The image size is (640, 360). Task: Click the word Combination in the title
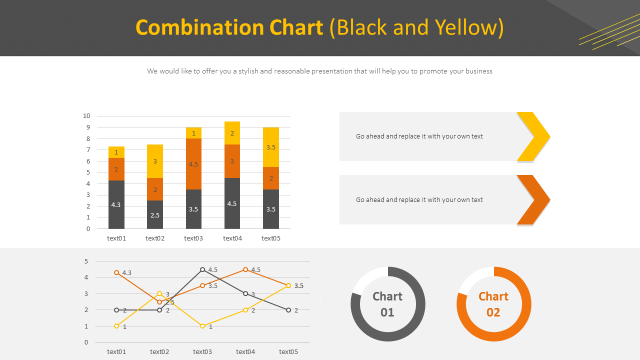pyautogui.click(x=229, y=27)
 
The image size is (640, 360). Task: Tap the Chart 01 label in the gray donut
pyautogui.click(x=387, y=304)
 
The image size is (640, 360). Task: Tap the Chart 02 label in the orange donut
pyautogui.click(x=493, y=304)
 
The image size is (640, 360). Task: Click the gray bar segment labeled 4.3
pyautogui.click(x=116, y=204)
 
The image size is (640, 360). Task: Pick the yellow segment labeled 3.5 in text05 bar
pyautogui.click(x=271, y=147)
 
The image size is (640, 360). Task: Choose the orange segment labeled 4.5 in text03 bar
pyautogui.click(x=193, y=164)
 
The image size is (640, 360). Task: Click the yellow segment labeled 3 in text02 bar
pyautogui.click(x=155, y=161)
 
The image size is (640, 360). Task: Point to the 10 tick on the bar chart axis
pyautogui.click(x=86, y=116)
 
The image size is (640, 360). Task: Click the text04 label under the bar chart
pyautogui.click(x=232, y=238)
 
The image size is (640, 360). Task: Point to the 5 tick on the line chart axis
pyautogui.click(x=86, y=261)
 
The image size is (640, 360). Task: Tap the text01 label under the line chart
pyautogui.click(x=116, y=352)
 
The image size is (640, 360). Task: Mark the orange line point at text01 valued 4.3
pyautogui.click(x=116, y=272)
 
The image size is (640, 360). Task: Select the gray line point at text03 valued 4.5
pyautogui.click(x=202, y=269)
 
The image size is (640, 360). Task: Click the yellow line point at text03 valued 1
pyautogui.click(x=202, y=326)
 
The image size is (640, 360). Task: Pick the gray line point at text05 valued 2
pyautogui.click(x=288, y=310)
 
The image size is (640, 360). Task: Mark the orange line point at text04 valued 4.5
pyautogui.click(x=245, y=269)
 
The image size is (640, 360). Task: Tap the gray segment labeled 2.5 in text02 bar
pyautogui.click(x=155, y=215)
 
